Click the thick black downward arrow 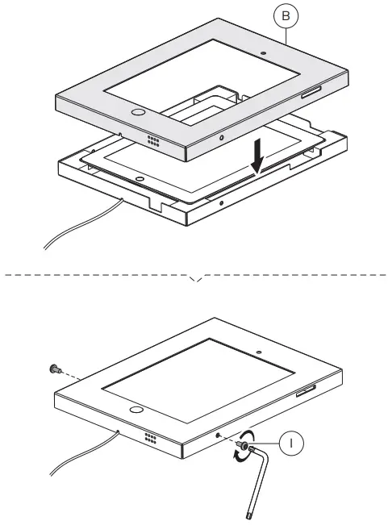[257, 156]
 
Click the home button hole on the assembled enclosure [137, 410]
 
